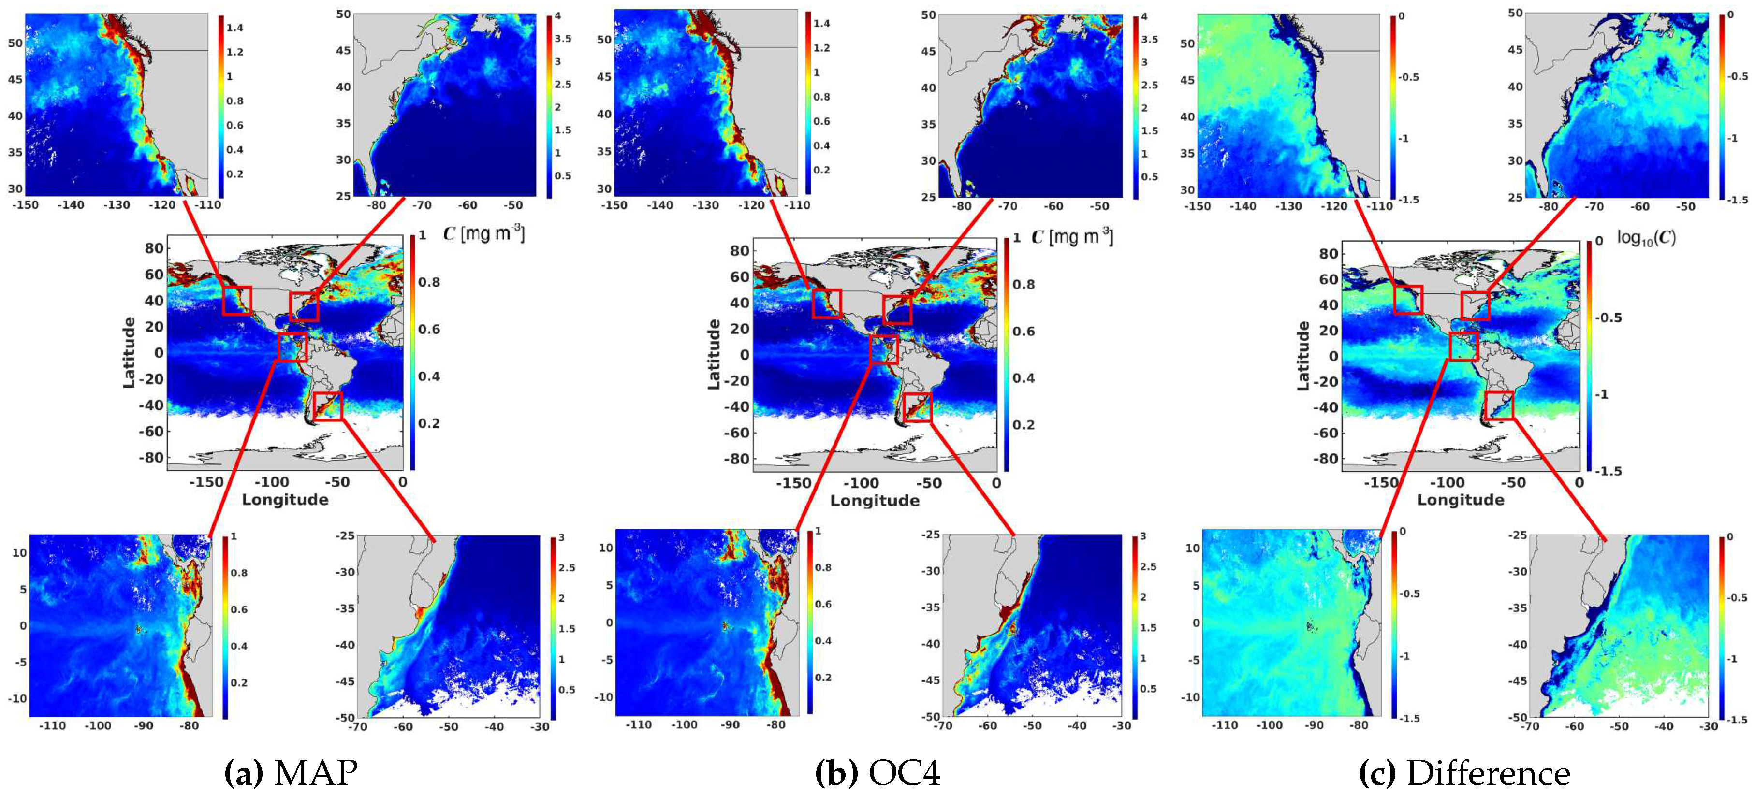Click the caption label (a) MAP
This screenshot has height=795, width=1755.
291,772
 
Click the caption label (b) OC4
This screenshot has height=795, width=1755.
877,772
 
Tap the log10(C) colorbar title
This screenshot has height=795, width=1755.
1646,238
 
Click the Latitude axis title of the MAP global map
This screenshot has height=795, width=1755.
129,352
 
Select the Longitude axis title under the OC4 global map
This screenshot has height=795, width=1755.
875,501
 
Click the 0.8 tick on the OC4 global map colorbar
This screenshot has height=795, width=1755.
1024,284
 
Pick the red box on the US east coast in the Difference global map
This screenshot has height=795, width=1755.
1475,306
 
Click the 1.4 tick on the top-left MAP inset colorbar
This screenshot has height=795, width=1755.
235,27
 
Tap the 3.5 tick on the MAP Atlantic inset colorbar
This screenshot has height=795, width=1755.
563,38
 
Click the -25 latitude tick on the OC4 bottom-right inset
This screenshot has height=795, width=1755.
931,536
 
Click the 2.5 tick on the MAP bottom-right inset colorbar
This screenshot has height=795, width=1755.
566,567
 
